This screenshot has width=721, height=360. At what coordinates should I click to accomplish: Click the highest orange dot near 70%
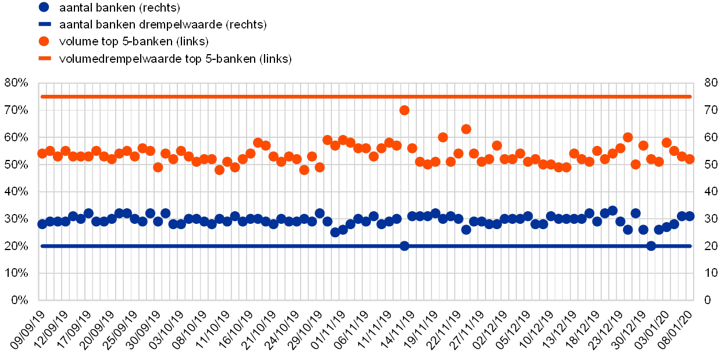pos(405,110)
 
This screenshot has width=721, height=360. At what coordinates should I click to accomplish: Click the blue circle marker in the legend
pos(44,8)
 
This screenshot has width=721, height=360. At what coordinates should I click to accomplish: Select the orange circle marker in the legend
pos(44,42)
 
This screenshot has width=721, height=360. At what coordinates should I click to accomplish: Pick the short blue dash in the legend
pos(44,25)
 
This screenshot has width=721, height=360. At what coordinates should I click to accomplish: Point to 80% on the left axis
pos(16,83)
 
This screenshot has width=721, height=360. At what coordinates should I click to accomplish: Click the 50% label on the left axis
pos(16,165)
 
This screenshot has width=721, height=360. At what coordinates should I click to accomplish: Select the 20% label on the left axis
pos(16,246)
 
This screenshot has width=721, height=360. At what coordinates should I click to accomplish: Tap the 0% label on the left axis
pos(19,300)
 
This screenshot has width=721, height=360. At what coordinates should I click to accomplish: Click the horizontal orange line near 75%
pos(233,97)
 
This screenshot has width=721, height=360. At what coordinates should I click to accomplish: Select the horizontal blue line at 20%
pos(233,246)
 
